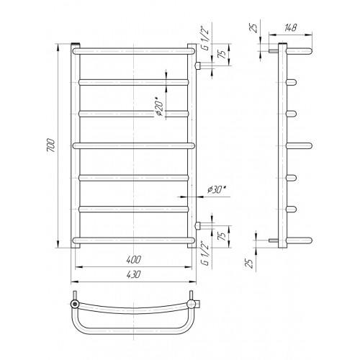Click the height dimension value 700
tap(51, 145)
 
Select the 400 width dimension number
tap(134, 260)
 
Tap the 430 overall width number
tap(133, 274)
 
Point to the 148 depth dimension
tap(291, 28)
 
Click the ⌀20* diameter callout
tap(159, 107)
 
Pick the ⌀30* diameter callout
tap(217, 189)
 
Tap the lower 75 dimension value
tap(222, 236)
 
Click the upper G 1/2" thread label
tap(206, 40)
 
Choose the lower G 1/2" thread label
tap(205, 253)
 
